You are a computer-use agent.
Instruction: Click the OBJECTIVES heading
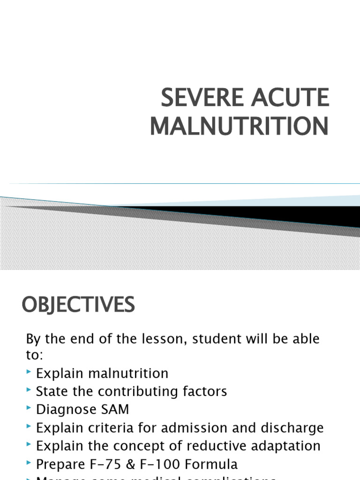coord(78,306)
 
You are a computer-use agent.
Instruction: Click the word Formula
coord(213,464)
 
